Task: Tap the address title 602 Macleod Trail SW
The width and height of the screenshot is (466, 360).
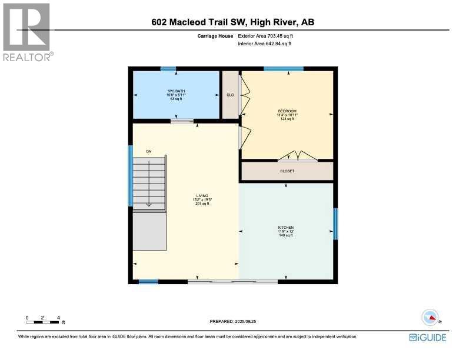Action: click(x=232, y=23)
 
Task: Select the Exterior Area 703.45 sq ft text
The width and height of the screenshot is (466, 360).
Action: click(x=264, y=36)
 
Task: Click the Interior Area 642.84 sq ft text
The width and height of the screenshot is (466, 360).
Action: click(x=264, y=44)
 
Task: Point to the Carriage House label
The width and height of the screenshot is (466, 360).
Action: click(x=215, y=36)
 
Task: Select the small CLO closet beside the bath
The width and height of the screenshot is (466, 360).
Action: click(x=230, y=95)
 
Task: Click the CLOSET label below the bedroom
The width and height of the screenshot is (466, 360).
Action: click(x=287, y=171)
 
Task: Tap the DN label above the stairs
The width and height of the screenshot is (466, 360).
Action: click(x=149, y=152)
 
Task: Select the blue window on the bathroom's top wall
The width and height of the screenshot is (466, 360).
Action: click(x=168, y=69)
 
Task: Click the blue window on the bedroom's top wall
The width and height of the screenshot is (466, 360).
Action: click(x=284, y=69)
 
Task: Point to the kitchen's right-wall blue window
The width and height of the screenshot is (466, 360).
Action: click(x=335, y=224)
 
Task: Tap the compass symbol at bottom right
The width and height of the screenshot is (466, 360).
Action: click(x=431, y=317)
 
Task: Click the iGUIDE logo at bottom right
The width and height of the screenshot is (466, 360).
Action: click(x=428, y=337)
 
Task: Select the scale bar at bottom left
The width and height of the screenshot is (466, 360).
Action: click(x=42, y=321)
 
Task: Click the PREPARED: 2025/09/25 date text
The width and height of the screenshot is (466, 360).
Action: click(x=234, y=321)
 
